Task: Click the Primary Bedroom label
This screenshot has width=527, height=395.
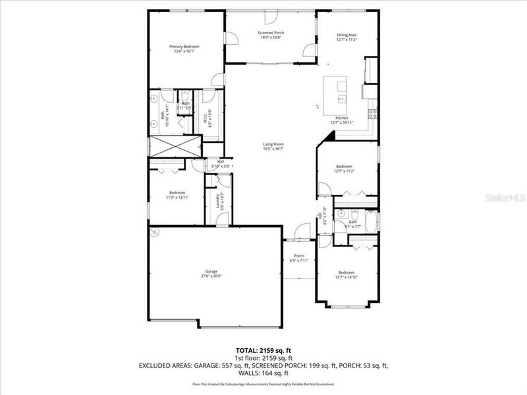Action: coord(184,47)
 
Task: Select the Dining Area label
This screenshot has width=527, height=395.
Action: coord(347,36)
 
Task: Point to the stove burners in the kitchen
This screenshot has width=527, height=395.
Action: coord(373,113)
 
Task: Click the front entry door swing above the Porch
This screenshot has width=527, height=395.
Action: coord(301,232)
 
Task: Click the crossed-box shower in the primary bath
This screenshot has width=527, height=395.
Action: coord(175,145)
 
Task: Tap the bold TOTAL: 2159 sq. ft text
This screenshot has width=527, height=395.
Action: coord(263,350)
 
